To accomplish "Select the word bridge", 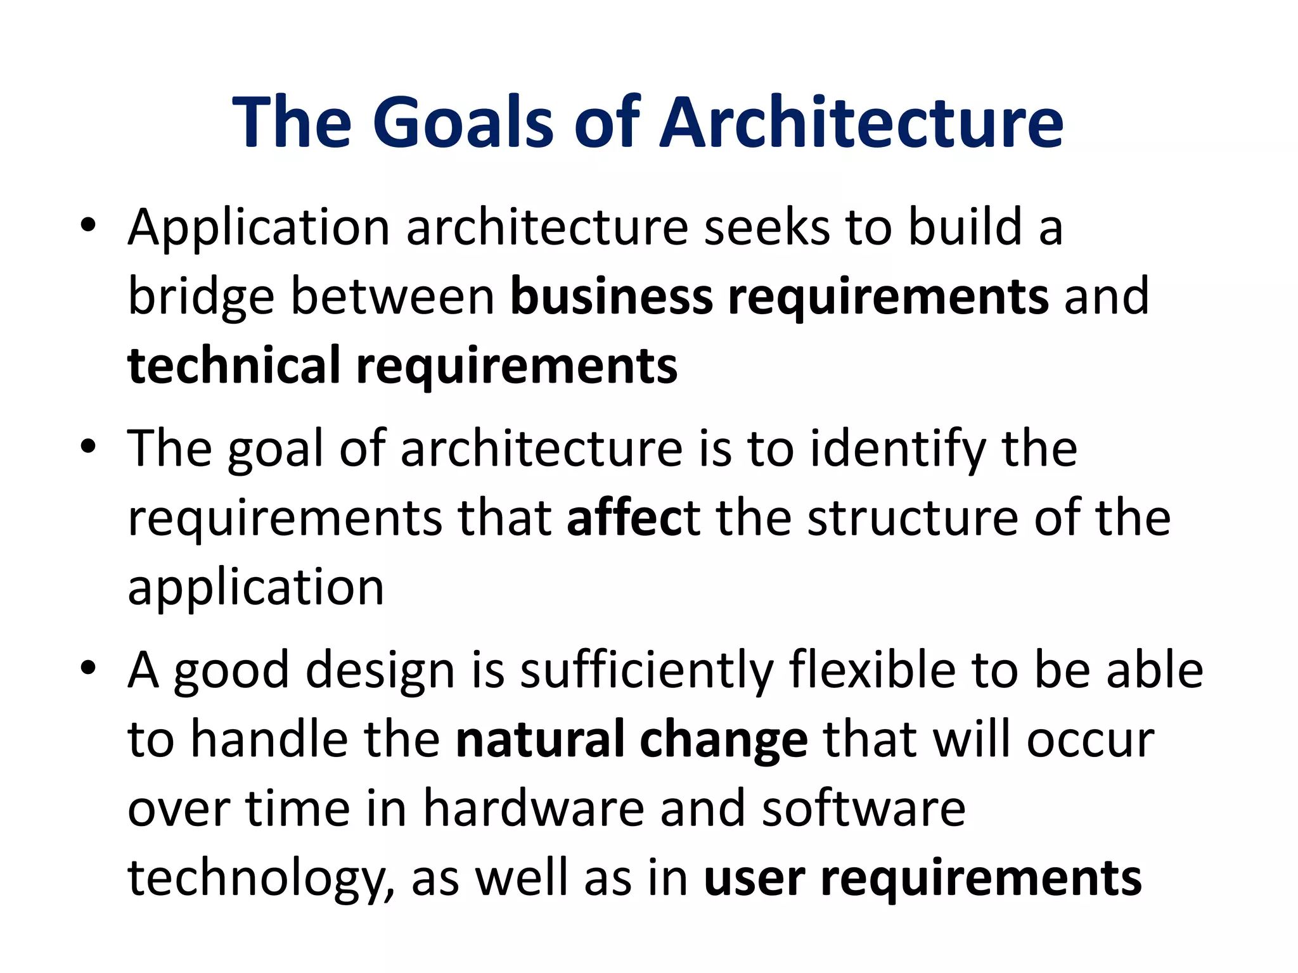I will click(201, 298).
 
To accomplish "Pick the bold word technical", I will click(234, 366).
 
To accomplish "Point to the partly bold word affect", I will click(633, 518).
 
